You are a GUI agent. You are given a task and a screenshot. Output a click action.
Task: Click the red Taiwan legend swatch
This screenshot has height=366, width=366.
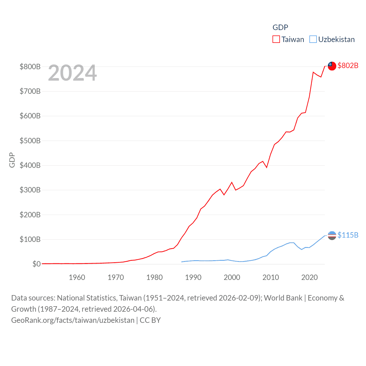point(276,39)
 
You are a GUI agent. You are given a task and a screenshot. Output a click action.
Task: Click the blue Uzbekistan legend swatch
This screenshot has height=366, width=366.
point(313,39)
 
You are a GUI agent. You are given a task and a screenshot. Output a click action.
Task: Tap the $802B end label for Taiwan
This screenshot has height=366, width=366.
point(348,65)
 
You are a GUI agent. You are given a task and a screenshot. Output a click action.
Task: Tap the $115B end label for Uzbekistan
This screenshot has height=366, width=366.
point(348,235)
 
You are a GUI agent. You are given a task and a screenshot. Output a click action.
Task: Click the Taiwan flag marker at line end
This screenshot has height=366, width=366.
point(332,66)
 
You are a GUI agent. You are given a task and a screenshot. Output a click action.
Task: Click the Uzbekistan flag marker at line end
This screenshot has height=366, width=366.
point(332,235)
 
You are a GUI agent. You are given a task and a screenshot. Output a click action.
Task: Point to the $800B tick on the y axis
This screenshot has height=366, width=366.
point(30,67)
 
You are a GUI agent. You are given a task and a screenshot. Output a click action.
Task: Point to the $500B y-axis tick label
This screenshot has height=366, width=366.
point(30,141)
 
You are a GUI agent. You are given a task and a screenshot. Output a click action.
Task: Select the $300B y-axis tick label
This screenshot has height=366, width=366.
point(30,190)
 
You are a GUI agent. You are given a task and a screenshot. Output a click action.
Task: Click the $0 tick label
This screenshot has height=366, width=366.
point(36,264)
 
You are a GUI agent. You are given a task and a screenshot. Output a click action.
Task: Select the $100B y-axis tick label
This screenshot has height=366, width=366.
point(30,239)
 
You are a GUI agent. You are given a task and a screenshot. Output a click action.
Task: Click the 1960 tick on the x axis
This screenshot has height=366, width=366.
point(77,277)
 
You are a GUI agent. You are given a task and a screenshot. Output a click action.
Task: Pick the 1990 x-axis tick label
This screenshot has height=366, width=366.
point(193,277)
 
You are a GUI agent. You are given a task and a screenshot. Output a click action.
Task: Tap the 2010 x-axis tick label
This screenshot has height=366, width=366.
point(271,277)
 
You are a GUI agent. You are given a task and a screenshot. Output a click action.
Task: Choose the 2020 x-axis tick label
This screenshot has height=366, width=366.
point(309,277)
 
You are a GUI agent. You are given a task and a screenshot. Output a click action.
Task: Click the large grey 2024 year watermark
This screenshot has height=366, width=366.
point(72,73)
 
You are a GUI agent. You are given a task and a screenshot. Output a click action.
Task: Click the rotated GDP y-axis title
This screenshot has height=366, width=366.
point(12,160)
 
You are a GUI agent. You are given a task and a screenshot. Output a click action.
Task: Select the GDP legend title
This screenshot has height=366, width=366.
point(280,27)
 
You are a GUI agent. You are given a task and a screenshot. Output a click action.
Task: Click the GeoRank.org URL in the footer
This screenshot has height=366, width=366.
point(73,320)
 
